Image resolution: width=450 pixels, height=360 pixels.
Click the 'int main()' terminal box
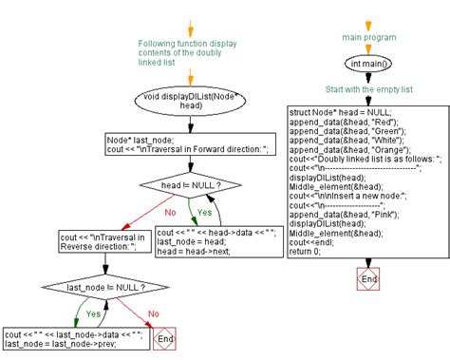point(369,64)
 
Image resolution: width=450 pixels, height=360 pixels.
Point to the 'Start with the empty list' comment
point(369,90)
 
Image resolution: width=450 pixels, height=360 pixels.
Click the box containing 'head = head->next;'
point(216,243)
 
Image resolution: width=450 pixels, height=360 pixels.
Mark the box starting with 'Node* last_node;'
point(189,143)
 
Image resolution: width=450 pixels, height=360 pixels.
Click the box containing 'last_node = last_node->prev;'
point(73,339)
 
